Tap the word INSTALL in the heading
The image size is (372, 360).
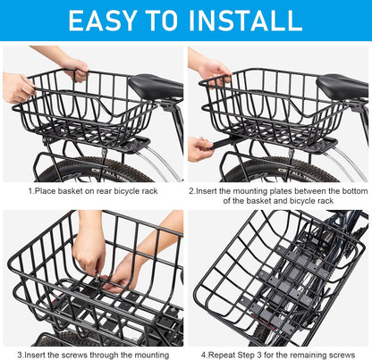click(x=243, y=20)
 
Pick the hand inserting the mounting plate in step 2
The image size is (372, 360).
click(x=200, y=147)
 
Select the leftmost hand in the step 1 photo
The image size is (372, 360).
click(x=18, y=87)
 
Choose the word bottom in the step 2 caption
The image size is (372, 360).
click(x=344, y=190)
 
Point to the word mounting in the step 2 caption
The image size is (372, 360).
click(x=240, y=190)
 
